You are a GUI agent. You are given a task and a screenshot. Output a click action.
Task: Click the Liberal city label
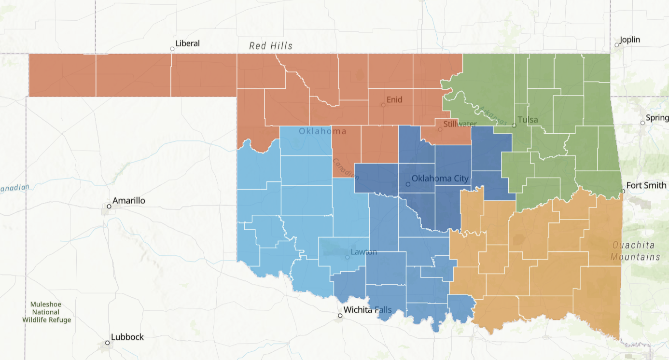click(187, 43)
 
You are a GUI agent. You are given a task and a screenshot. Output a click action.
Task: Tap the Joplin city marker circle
click(616, 45)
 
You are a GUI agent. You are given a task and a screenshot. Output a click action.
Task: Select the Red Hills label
click(271, 46)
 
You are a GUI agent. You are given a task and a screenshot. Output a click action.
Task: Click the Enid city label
click(394, 100)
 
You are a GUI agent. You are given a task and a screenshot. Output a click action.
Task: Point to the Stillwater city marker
click(440, 129)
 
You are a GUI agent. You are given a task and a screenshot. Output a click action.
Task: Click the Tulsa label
click(528, 120)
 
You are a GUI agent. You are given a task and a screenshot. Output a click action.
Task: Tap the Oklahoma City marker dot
click(408, 184)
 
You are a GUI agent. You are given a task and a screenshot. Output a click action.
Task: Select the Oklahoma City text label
click(440, 179)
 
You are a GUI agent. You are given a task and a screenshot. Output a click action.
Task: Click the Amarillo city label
click(128, 200)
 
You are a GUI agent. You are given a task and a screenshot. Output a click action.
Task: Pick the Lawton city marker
click(347, 257)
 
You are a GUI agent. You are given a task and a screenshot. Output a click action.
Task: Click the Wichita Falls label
click(367, 310)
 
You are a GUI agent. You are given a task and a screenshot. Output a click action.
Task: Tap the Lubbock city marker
click(108, 343)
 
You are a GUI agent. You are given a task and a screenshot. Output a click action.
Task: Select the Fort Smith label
click(646, 185)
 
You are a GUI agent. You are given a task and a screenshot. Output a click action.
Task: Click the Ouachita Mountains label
click(635, 251)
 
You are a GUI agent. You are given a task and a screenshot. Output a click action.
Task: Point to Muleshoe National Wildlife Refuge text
click(46, 312)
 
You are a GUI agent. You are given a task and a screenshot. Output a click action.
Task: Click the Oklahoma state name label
click(322, 131)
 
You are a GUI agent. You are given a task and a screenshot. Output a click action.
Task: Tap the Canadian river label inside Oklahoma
click(345, 169)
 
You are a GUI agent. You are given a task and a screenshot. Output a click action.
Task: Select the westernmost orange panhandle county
click(62, 75)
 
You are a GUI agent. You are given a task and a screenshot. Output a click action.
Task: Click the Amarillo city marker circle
click(109, 207)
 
